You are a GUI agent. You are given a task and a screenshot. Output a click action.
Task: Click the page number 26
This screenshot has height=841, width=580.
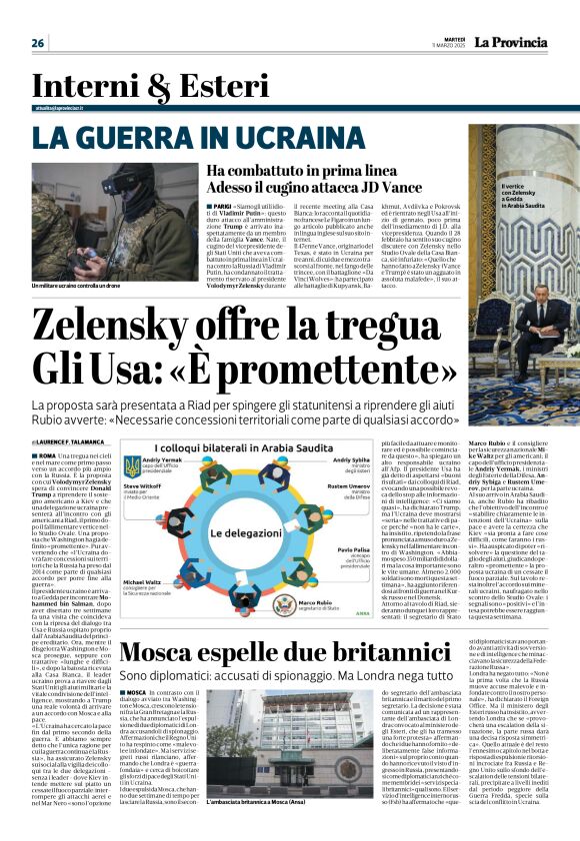point(38,42)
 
